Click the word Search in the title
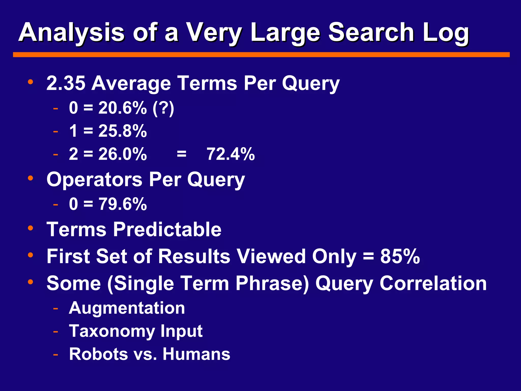(371, 33)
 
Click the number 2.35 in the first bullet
(66, 83)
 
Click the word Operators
(94, 179)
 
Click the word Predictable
(167, 229)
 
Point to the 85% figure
(400, 256)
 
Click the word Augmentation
(127, 308)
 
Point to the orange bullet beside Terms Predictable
(31, 228)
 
